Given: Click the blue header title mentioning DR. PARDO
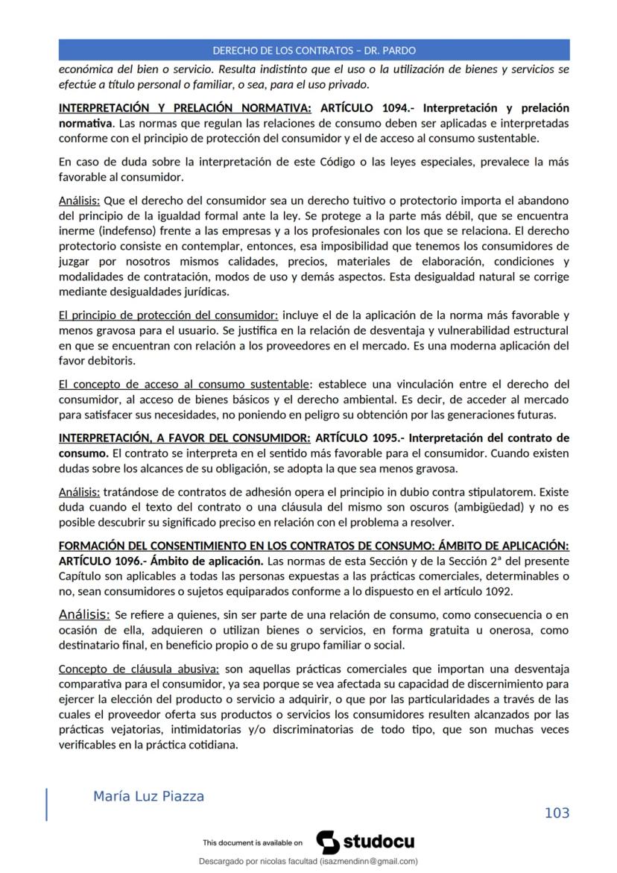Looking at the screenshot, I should coord(314,51).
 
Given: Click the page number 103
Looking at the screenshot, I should coord(557,813).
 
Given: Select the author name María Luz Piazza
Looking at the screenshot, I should coord(148,796).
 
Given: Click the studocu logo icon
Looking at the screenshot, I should coord(328,842).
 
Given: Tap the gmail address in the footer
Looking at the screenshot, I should coord(369,861).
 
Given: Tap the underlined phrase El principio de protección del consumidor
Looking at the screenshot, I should coord(168,315).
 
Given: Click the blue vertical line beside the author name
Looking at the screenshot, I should coord(47,804).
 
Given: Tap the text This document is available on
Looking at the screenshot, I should coord(253,843).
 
